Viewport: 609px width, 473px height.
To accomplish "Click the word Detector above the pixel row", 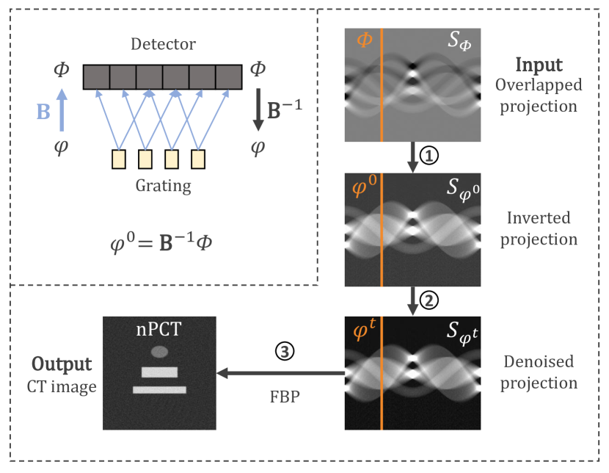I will tap(162, 45).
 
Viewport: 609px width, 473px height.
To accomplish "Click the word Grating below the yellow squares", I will tap(162, 186).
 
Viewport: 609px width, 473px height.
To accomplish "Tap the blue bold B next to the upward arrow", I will tap(43, 111).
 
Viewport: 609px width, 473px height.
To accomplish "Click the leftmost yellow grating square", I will tap(119, 159).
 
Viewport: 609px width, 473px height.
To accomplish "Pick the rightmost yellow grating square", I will tap(197, 159).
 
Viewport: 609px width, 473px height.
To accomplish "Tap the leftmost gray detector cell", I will tap(96, 76).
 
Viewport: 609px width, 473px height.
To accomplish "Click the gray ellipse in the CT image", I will tap(159, 352).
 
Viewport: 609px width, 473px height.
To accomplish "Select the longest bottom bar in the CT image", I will tap(159, 389).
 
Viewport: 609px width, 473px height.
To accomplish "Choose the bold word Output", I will tap(62, 364).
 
